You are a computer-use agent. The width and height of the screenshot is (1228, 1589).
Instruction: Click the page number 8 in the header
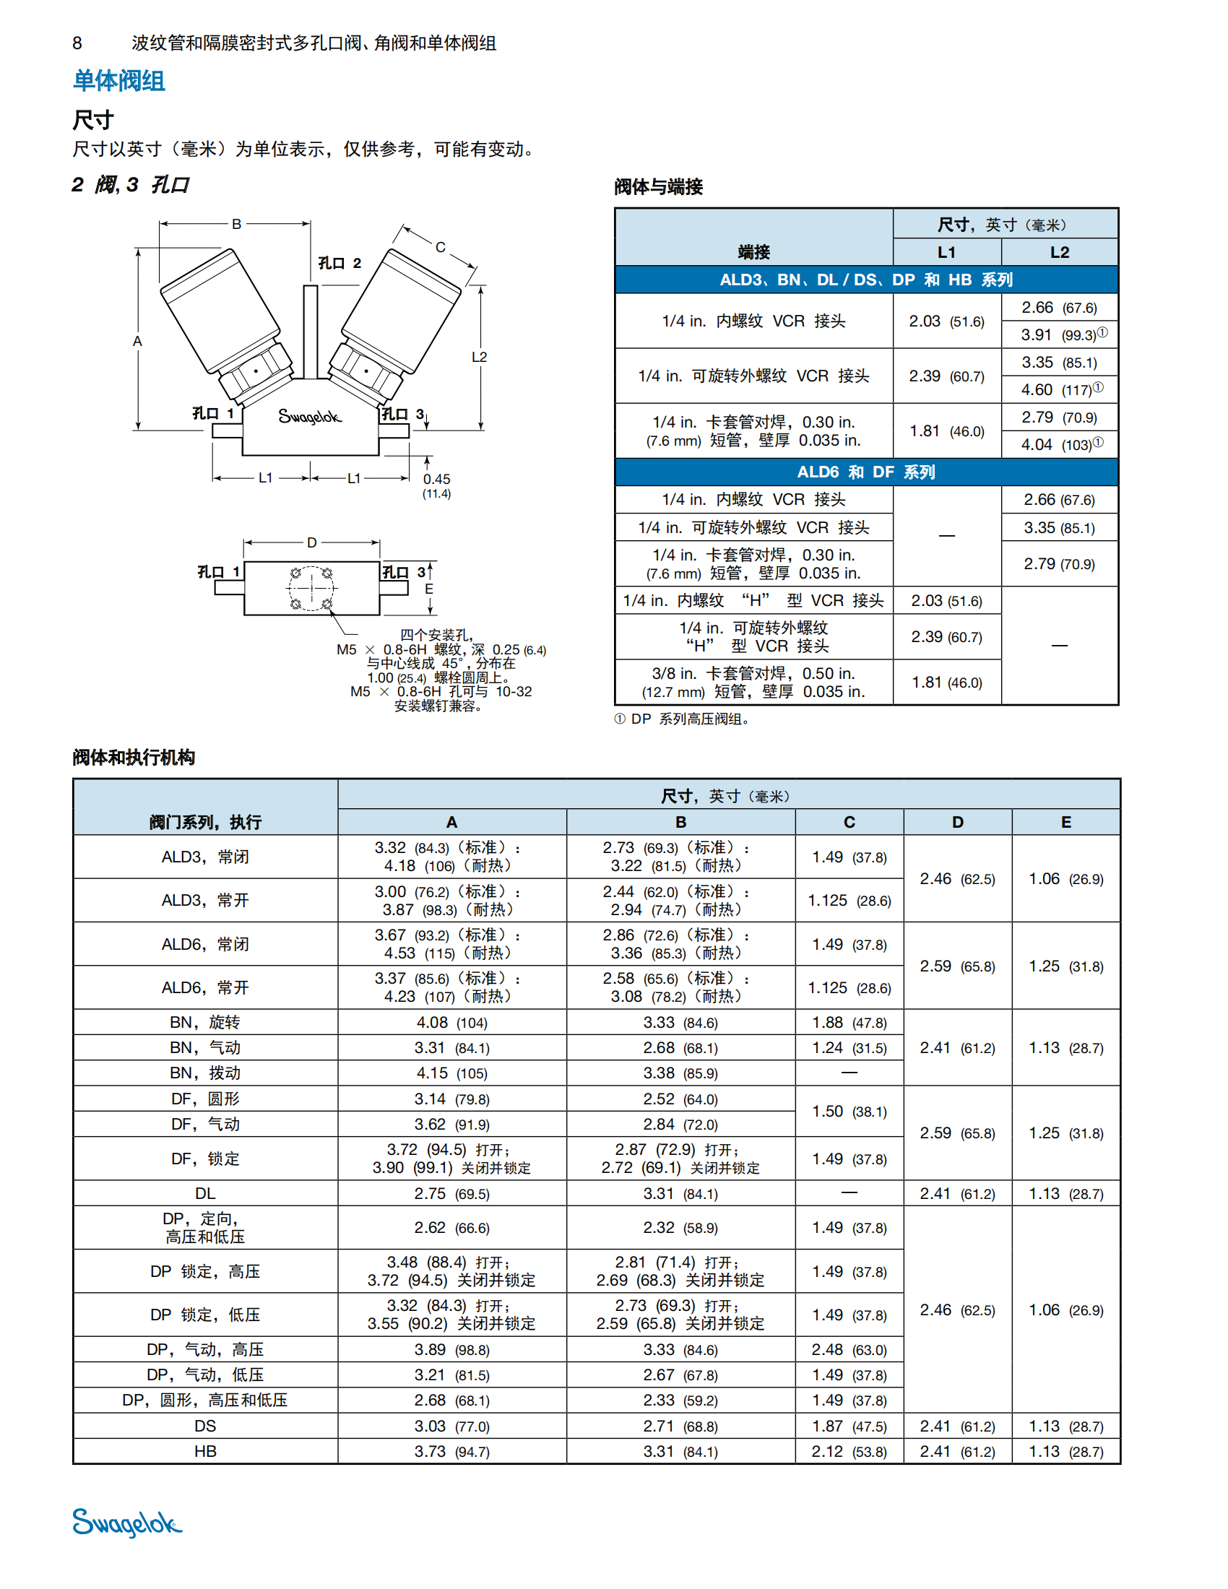coord(77,43)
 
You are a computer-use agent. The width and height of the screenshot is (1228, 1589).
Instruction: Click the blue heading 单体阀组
coord(118,81)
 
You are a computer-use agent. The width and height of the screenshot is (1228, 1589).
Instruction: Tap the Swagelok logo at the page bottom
coord(126,1522)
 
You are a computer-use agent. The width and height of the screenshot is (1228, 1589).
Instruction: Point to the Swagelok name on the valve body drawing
coord(309,417)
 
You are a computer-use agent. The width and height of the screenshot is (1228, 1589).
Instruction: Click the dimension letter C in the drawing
coord(440,247)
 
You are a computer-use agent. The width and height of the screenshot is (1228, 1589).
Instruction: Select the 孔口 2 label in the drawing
coord(339,264)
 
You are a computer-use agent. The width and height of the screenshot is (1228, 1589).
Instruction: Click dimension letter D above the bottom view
coord(311,542)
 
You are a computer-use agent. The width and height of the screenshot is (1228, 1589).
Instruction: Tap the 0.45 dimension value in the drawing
coord(436,480)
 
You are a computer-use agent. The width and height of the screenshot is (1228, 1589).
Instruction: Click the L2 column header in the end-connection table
coord(1059,253)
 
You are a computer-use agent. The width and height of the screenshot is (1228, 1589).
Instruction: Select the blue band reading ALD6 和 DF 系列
coord(865,472)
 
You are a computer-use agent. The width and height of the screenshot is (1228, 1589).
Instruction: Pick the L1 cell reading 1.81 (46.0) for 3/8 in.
coord(946,683)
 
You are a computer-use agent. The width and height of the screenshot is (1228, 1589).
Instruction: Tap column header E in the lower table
coord(1065,822)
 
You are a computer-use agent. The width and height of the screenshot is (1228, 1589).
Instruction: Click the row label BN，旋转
coord(204,1022)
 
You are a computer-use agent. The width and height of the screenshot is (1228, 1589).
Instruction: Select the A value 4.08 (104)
coord(451,1022)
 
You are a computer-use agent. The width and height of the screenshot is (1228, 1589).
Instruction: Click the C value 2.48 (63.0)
coord(849,1350)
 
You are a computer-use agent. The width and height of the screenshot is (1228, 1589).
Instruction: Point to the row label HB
coord(204,1452)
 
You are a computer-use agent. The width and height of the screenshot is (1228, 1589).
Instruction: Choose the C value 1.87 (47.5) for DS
coord(849,1426)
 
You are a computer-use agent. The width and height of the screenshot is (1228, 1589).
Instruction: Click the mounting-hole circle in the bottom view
coord(311,588)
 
